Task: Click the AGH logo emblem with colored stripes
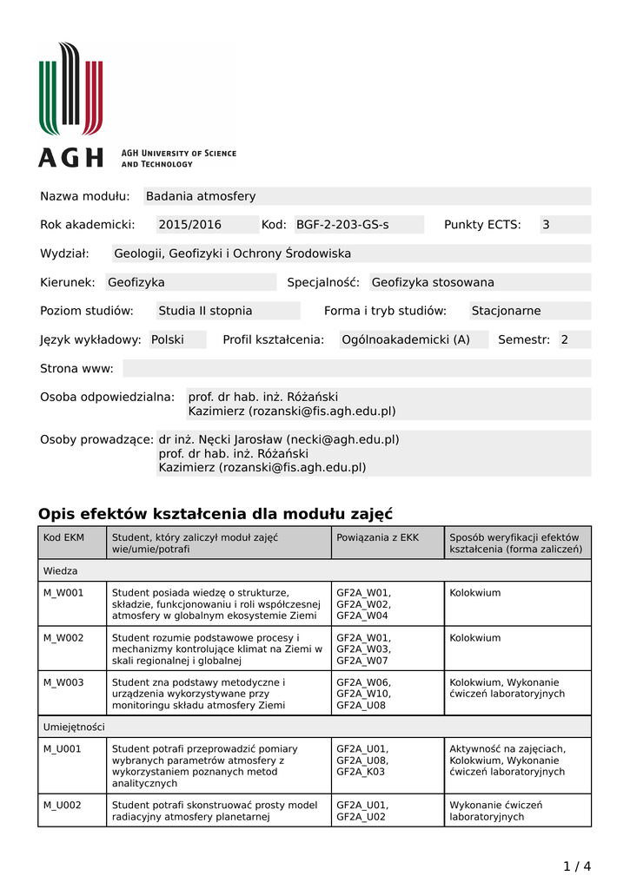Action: coord(70,89)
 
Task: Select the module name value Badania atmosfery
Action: coord(201,196)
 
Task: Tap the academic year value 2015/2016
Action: coord(189,225)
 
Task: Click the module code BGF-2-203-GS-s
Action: coord(342,225)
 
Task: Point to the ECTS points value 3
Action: coord(546,225)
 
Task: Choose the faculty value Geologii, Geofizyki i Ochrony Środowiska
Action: coord(233,254)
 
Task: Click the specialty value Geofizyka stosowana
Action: coord(432,282)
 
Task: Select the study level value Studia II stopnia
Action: coord(205,311)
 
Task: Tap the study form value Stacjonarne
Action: coord(506,311)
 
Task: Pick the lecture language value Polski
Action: coord(168,339)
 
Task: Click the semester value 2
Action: coord(564,339)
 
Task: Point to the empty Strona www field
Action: coord(356,368)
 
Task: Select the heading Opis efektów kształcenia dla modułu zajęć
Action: coord(216,513)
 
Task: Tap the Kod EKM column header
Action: coord(63,538)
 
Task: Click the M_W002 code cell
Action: coord(63,638)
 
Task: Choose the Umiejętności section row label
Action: coord(74,727)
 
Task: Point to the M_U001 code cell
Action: coord(63,749)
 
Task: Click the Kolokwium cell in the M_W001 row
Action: coord(474,593)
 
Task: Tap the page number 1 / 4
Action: coord(576,866)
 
